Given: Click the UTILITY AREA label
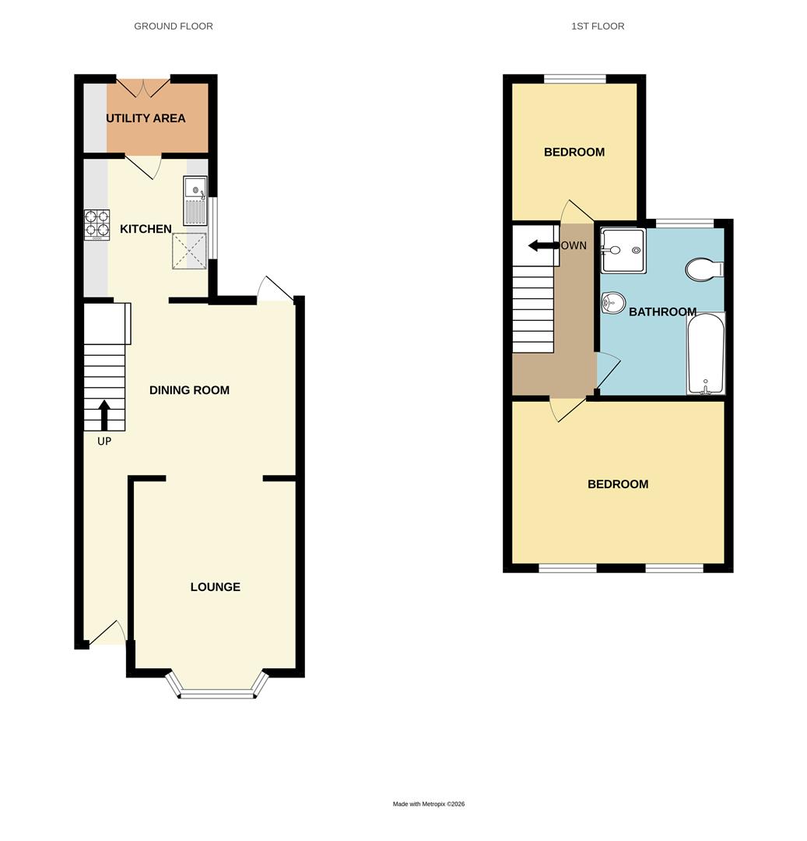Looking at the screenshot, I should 146,118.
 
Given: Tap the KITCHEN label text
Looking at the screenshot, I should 146,229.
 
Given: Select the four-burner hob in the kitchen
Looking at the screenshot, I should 96,223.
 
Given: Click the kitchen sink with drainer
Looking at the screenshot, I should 195,201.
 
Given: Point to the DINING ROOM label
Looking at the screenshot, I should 189,390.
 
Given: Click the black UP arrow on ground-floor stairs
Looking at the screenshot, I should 104,415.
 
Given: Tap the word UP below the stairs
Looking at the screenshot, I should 104,442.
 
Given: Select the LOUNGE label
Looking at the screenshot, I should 215,587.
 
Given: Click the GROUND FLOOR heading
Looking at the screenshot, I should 174,26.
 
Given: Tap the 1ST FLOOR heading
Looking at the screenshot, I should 598,26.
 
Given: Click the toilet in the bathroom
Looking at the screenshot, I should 705,269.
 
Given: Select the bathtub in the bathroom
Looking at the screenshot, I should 706,354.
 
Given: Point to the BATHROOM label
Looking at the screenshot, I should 662,312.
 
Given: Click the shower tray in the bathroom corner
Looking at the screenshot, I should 623,250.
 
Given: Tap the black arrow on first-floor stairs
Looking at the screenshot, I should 543,246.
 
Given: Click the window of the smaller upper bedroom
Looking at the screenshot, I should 574,78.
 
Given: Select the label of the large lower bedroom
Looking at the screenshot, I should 618,484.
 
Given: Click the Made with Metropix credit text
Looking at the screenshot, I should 429,804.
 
